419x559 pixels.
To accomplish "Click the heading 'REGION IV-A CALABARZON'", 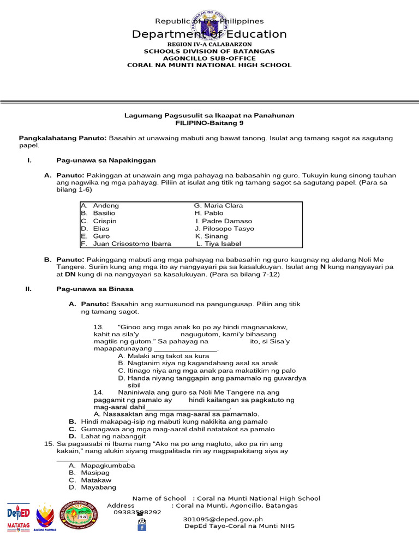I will click(209, 44).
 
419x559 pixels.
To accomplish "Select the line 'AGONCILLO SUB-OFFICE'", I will click(209, 58).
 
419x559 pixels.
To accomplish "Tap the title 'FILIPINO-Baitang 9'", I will click(209, 123).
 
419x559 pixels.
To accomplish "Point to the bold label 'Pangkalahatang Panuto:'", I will click(63, 139).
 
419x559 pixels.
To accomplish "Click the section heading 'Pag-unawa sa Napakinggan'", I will click(106, 160).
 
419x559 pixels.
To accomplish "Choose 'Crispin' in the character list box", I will click(105, 221).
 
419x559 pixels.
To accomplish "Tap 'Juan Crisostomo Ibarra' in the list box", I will click(132, 244).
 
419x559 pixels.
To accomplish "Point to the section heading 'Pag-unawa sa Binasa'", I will click(95, 288).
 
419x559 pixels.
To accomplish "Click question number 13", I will click(99, 327).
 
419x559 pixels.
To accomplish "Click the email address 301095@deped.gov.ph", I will click(223, 519).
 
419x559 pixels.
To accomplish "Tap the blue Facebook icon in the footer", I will click(141, 527).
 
